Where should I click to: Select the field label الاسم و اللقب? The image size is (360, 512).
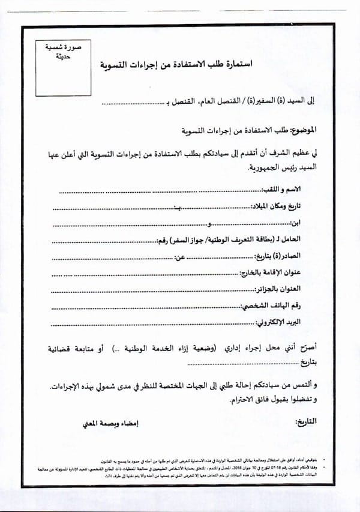296,190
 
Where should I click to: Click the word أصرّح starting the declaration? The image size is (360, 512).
305,348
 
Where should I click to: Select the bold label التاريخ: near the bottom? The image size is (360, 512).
304,421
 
